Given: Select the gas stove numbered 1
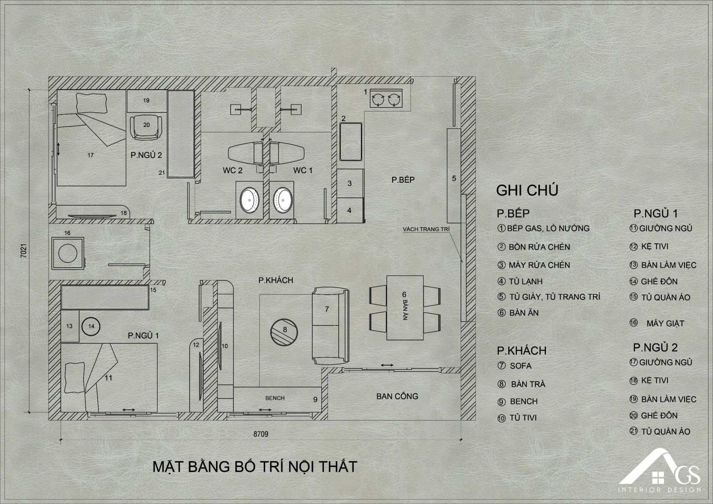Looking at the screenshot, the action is (x=386, y=99).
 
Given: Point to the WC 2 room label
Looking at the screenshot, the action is (x=232, y=170).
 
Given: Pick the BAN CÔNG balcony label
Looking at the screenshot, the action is (x=397, y=397).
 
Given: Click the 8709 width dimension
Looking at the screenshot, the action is (x=261, y=434).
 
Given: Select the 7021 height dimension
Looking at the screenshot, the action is (x=24, y=250).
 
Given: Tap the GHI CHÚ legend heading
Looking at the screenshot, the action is (x=527, y=190).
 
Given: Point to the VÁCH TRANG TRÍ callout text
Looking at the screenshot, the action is (x=426, y=229).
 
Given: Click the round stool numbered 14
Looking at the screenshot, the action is (x=91, y=326).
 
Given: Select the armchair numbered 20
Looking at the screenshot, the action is (x=146, y=127).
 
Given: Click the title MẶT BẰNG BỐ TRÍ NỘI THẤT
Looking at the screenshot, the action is (x=255, y=467).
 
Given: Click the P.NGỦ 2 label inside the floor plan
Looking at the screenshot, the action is (x=146, y=155).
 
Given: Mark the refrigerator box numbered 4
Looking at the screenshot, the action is (x=350, y=210).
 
